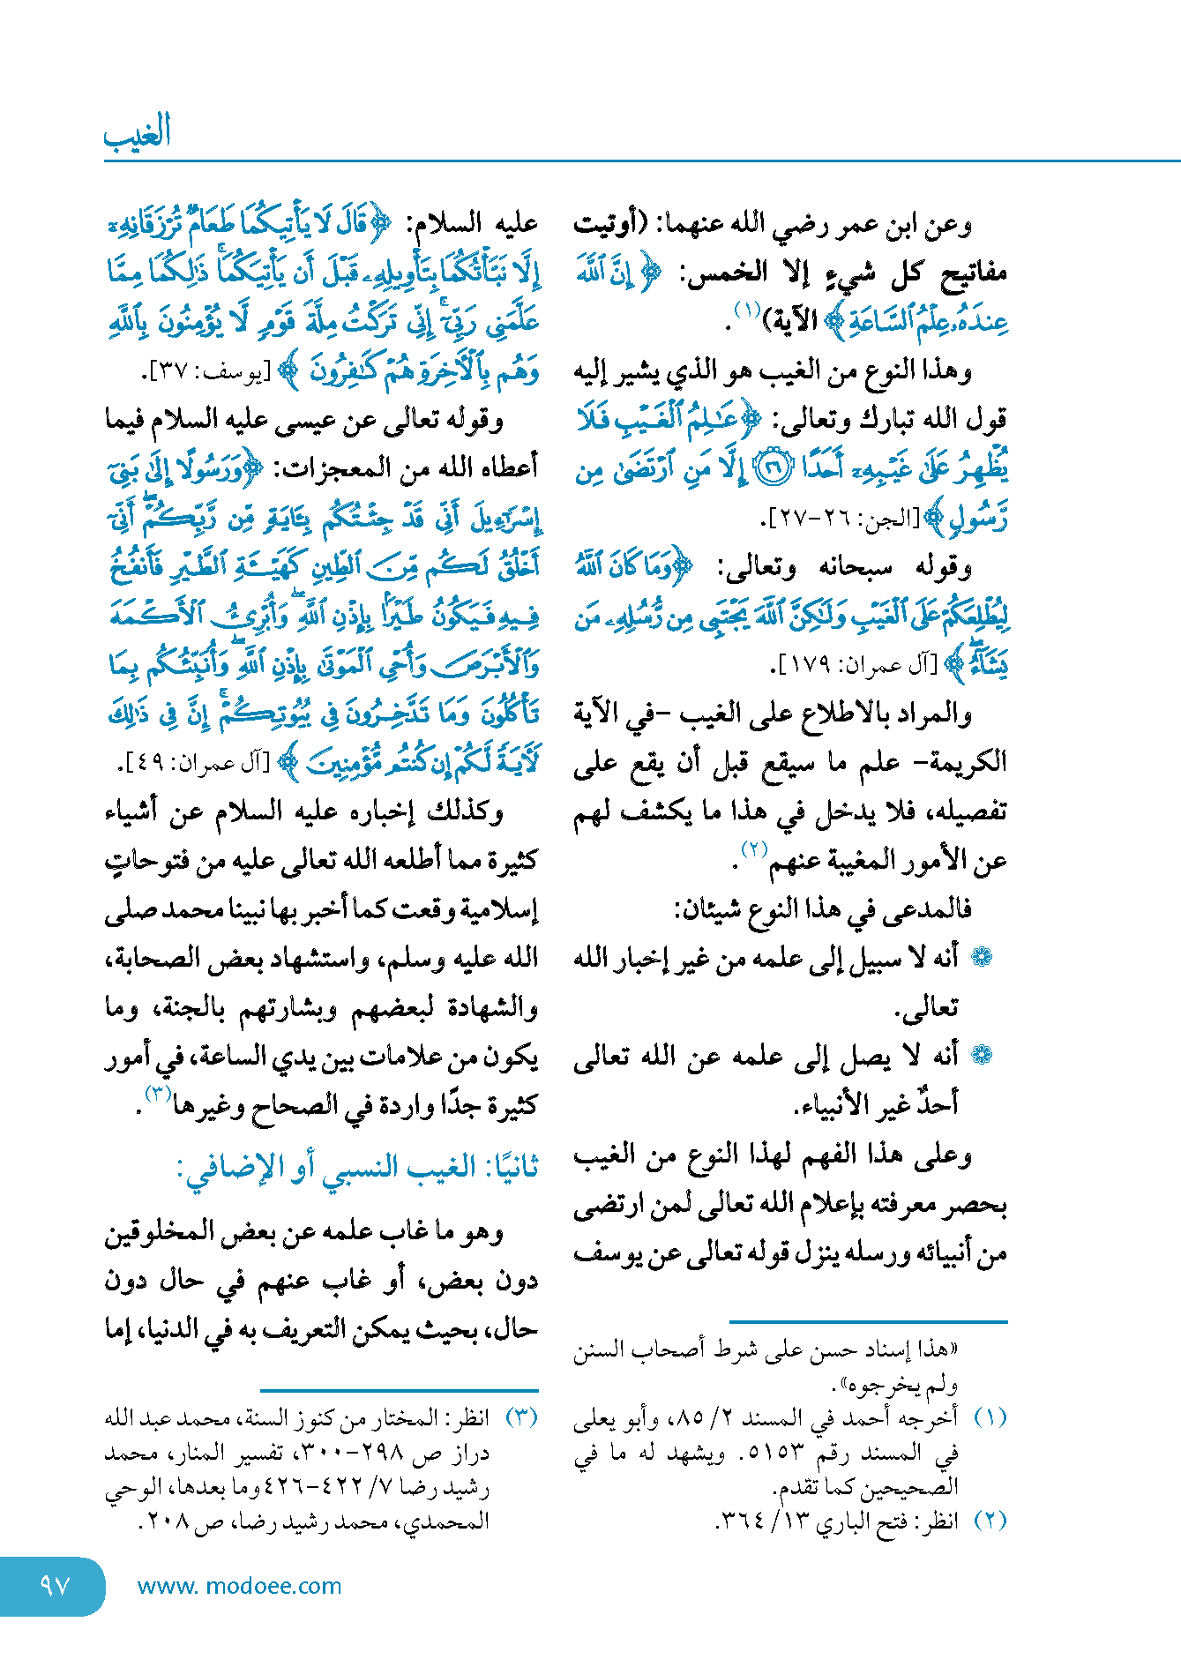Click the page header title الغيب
coord(138,133)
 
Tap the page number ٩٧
coord(55,1586)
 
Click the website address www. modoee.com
coord(239,1586)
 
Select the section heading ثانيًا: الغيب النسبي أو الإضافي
coord(357,1169)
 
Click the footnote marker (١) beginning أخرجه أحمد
coord(990,1418)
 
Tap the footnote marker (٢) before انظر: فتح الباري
coord(990,1521)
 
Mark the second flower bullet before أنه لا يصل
coord(981,1055)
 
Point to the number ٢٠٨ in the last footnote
coord(164,1521)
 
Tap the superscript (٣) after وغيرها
coord(157,1094)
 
